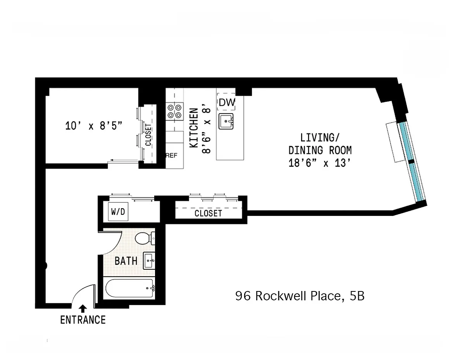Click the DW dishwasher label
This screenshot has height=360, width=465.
(227, 103)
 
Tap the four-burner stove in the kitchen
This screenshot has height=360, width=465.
(174, 111)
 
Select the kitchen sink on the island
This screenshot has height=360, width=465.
(226, 121)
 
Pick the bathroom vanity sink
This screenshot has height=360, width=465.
(149, 261)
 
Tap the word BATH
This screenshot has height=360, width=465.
(126, 261)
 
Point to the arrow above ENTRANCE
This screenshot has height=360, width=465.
(83, 308)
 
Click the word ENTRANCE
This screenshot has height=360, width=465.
(83, 320)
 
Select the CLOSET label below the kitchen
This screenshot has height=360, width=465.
(208, 214)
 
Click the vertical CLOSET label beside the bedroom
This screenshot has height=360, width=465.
(148, 134)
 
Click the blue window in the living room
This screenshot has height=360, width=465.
(413, 162)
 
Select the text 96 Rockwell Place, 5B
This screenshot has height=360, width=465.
(300, 296)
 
